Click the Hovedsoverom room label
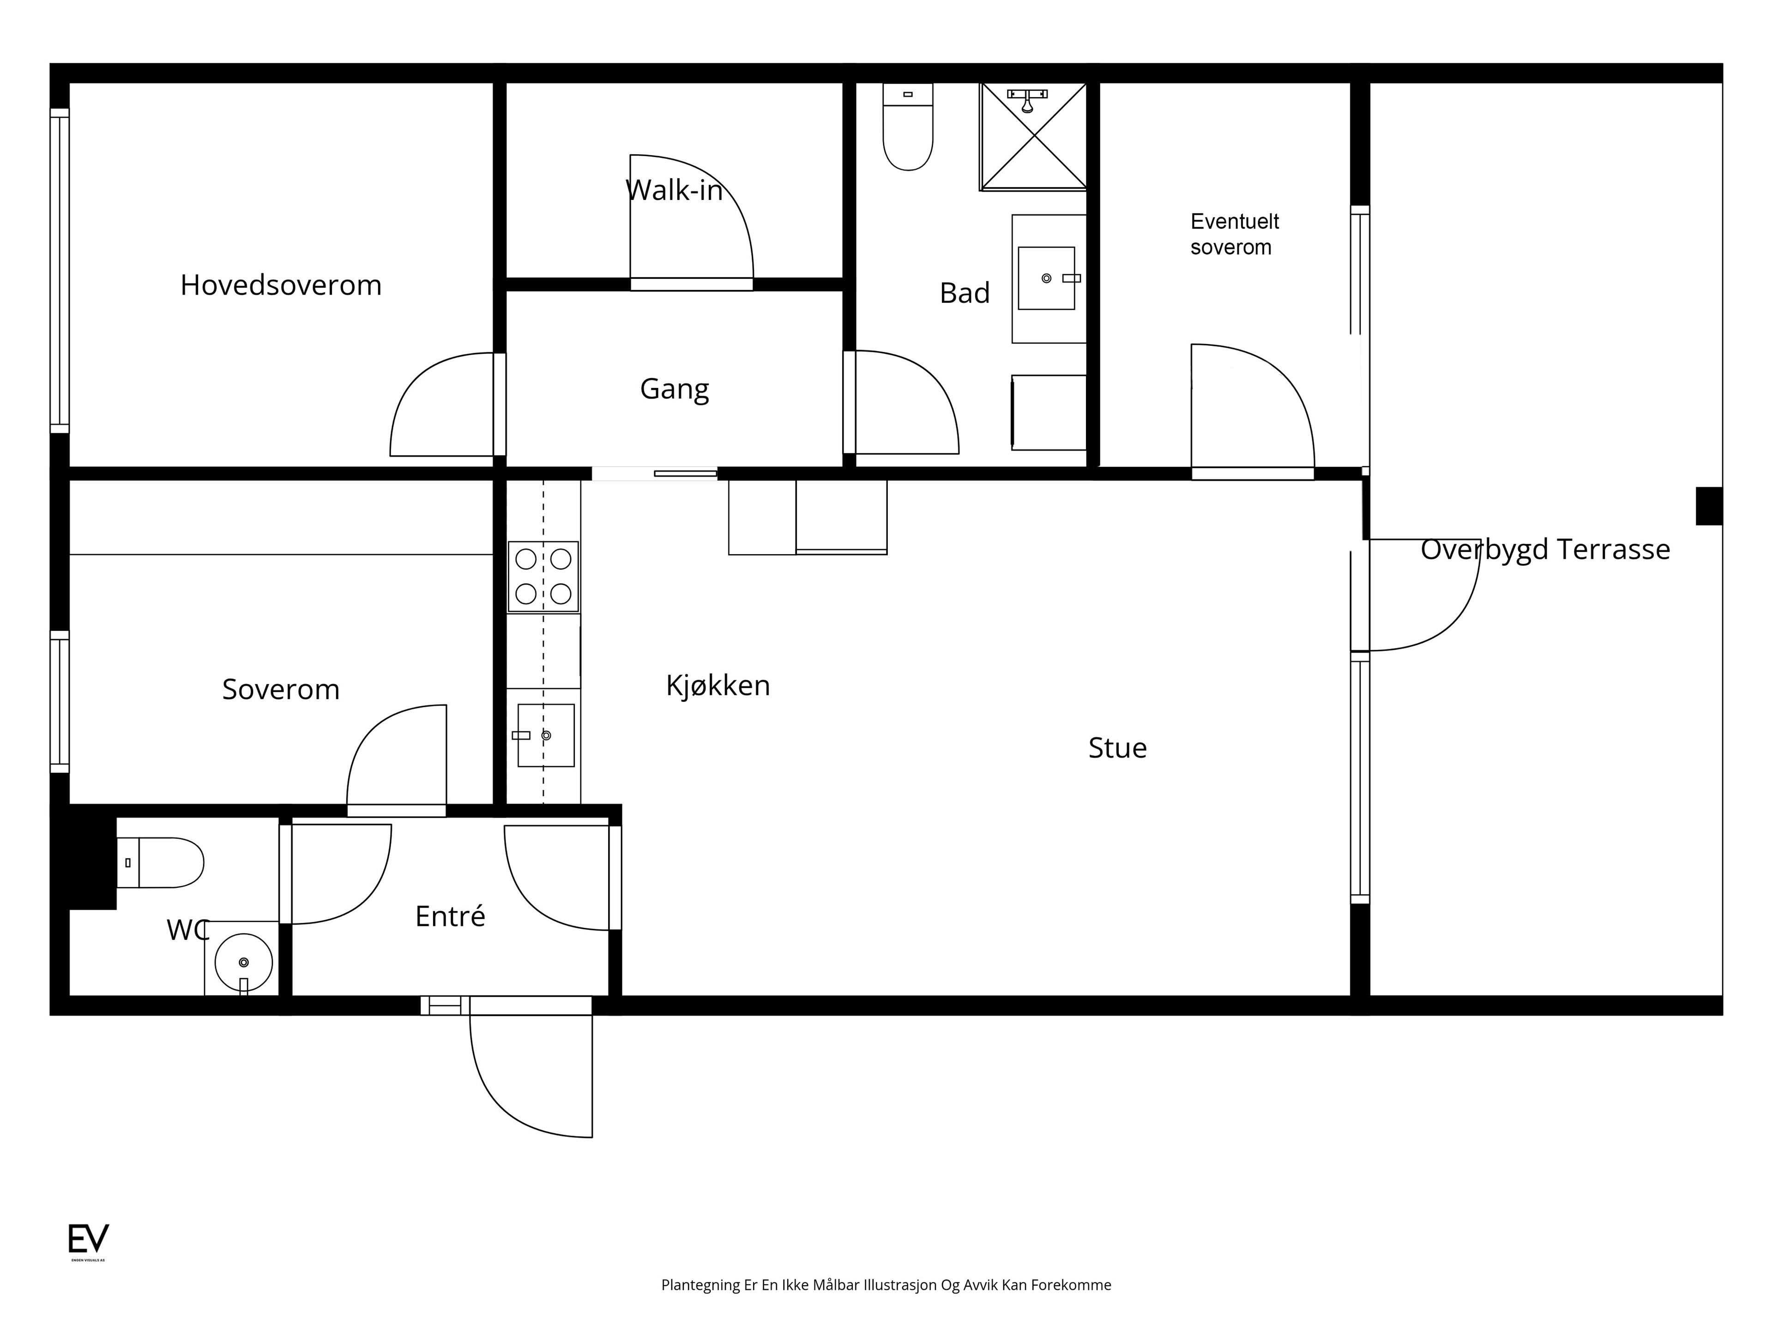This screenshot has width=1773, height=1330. (x=281, y=285)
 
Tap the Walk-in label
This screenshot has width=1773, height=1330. (x=674, y=190)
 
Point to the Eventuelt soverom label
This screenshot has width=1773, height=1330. (x=1234, y=234)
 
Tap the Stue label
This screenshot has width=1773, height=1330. (x=1117, y=748)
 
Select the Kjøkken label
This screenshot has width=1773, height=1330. (x=718, y=685)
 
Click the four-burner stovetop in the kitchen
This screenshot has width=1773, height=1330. (x=543, y=576)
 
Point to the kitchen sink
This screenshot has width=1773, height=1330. (x=546, y=735)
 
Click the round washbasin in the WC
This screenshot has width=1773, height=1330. (x=244, y=962)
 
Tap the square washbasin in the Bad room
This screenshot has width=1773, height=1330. (x=1046, y=278)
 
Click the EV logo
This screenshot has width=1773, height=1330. (x=88, y=1239)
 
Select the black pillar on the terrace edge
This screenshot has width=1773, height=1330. (x=1709, y=506)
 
